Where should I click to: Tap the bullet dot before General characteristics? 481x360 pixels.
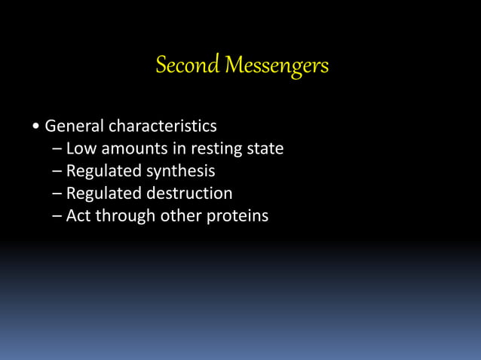point(36,126)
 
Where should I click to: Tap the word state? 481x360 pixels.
point(265,148)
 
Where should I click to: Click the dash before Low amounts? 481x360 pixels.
point(58,149)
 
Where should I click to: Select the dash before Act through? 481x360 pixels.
point(58,217)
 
